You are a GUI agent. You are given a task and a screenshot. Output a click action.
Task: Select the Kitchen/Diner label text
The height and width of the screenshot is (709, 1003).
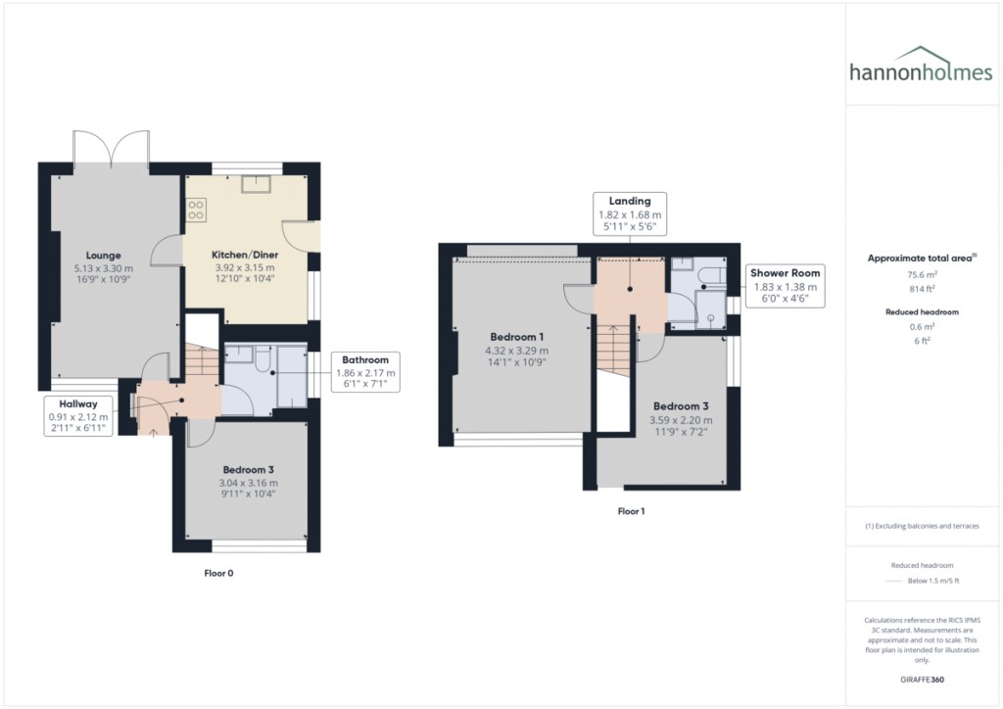click(244, 255)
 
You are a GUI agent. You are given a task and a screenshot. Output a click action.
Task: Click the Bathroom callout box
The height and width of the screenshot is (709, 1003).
click(365, 373)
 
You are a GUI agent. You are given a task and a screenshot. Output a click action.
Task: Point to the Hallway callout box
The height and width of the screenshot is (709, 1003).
click(77, 416)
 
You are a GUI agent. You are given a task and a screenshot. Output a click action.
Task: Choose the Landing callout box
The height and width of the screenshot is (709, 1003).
click(630, 213)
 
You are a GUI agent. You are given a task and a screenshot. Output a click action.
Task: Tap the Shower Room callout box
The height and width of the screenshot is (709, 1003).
click(787, 286)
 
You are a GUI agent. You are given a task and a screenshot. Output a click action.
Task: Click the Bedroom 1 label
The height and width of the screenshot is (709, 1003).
click(516, 338)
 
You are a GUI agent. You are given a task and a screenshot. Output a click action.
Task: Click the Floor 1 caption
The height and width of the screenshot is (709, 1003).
click(631, 511)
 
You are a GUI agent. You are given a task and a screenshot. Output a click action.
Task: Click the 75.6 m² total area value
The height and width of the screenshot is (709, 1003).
click(922, 275)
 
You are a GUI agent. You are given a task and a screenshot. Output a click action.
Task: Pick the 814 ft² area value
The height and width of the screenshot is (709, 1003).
click(922, 290)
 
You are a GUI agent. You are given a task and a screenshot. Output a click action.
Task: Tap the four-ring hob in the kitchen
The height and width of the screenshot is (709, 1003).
click(196, 210)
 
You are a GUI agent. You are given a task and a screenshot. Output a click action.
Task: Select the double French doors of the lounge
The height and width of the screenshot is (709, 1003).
click(113, 149)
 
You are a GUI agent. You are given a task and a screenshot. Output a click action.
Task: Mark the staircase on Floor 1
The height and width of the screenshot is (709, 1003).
click(613, 350)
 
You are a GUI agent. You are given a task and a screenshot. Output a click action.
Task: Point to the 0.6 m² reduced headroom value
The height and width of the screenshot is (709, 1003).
click(922, 328)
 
